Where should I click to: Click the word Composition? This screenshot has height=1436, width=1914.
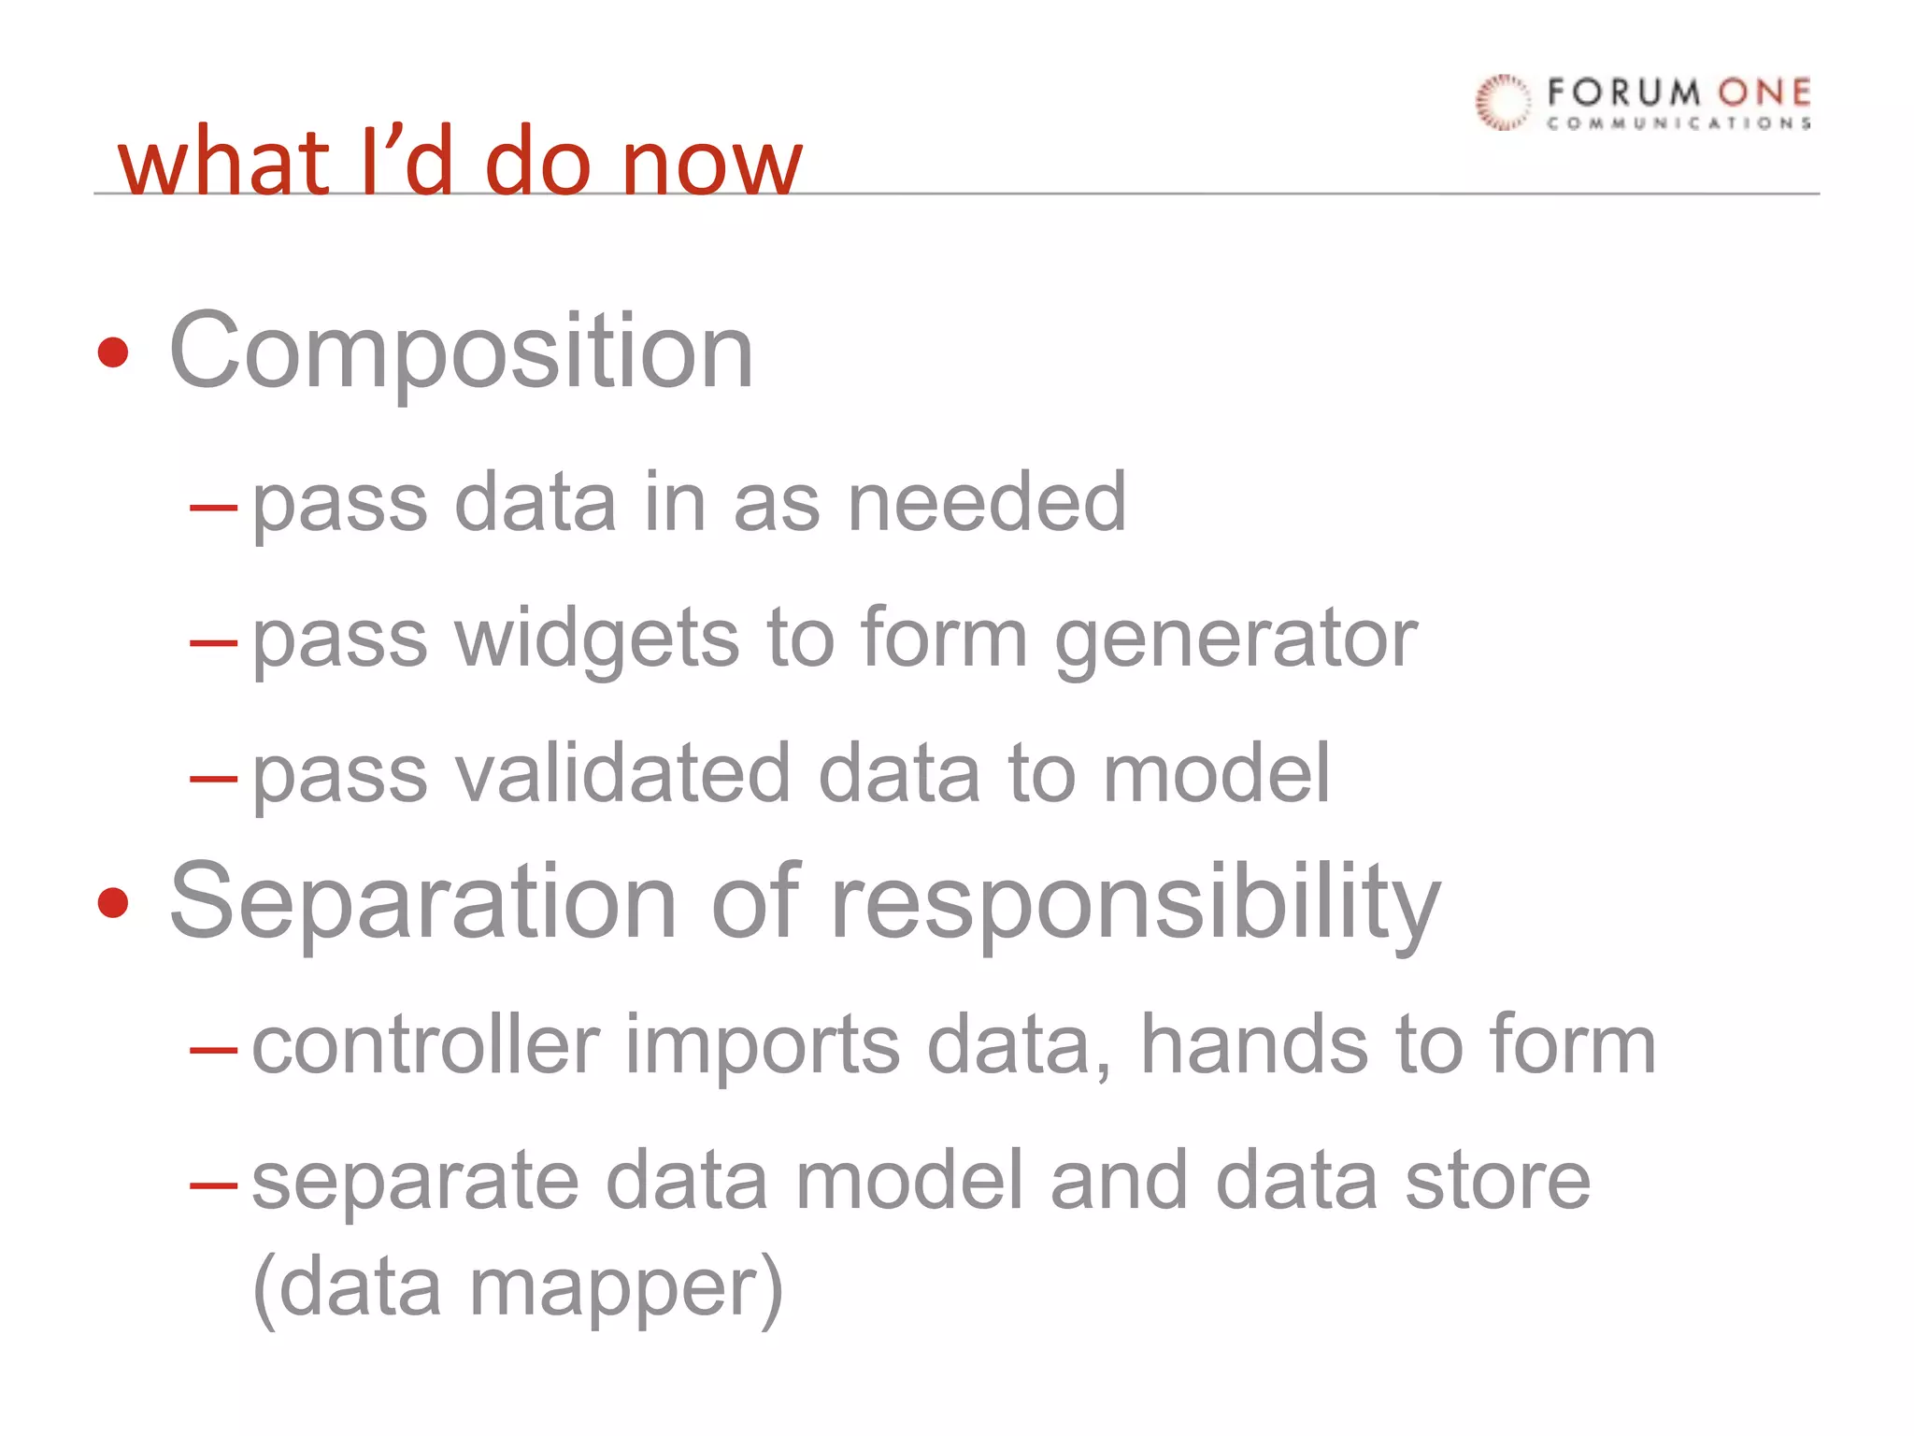(x=461, y=352)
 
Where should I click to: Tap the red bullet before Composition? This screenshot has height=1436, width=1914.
(x=113, y=352)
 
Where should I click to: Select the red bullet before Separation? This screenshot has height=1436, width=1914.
(x=113, y=902)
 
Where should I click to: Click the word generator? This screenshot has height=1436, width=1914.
(x=1236, y=640)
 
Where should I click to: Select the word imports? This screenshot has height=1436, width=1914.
(x=763, y=1046)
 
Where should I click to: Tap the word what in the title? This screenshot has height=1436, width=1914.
(x=224, y=164)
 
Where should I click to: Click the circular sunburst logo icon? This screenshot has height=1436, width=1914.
(x=1503, y=102)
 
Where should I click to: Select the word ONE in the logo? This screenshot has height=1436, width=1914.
(x=1764, y=93)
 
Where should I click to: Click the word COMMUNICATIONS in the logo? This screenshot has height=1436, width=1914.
(x=1678, y=123)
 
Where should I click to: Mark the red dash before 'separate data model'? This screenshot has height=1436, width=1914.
(x=213, y=1185)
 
